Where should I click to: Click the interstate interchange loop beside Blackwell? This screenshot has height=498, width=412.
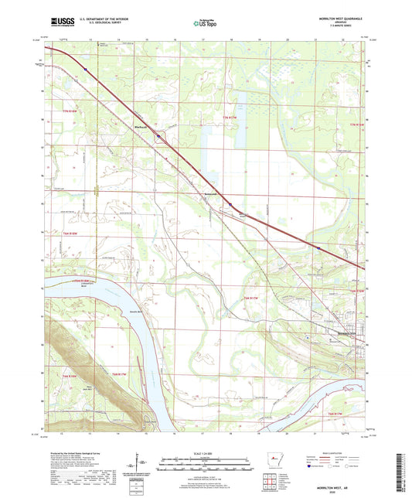pyautogui.click(x=159, y=138)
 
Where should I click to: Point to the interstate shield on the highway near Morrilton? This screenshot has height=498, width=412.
pyautogui.click(x=318, y=247)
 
